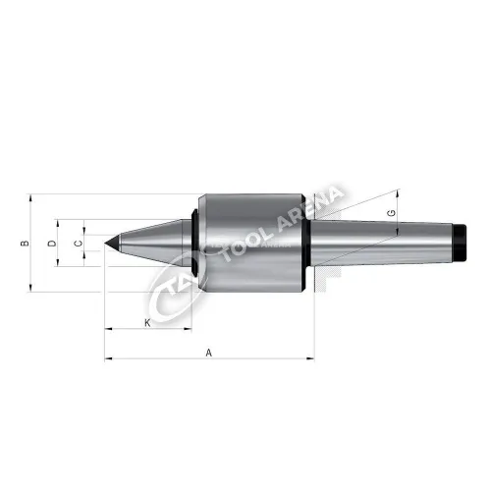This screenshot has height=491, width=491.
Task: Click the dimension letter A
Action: click(209, 353)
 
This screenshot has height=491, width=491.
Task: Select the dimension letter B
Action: click(25, 244)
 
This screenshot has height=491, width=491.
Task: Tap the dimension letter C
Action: click(78, 244)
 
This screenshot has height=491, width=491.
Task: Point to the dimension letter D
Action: click(52, 244)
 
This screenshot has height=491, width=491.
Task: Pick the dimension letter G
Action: click(391, 213)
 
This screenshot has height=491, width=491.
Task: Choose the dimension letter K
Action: click(147, 323)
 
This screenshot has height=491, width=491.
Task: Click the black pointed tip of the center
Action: click(112, 243)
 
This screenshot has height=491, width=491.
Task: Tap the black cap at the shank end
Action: click(460, 243)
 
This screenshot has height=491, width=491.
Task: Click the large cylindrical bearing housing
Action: click(252, 243)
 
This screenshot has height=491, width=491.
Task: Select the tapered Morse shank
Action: click(382, 243)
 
